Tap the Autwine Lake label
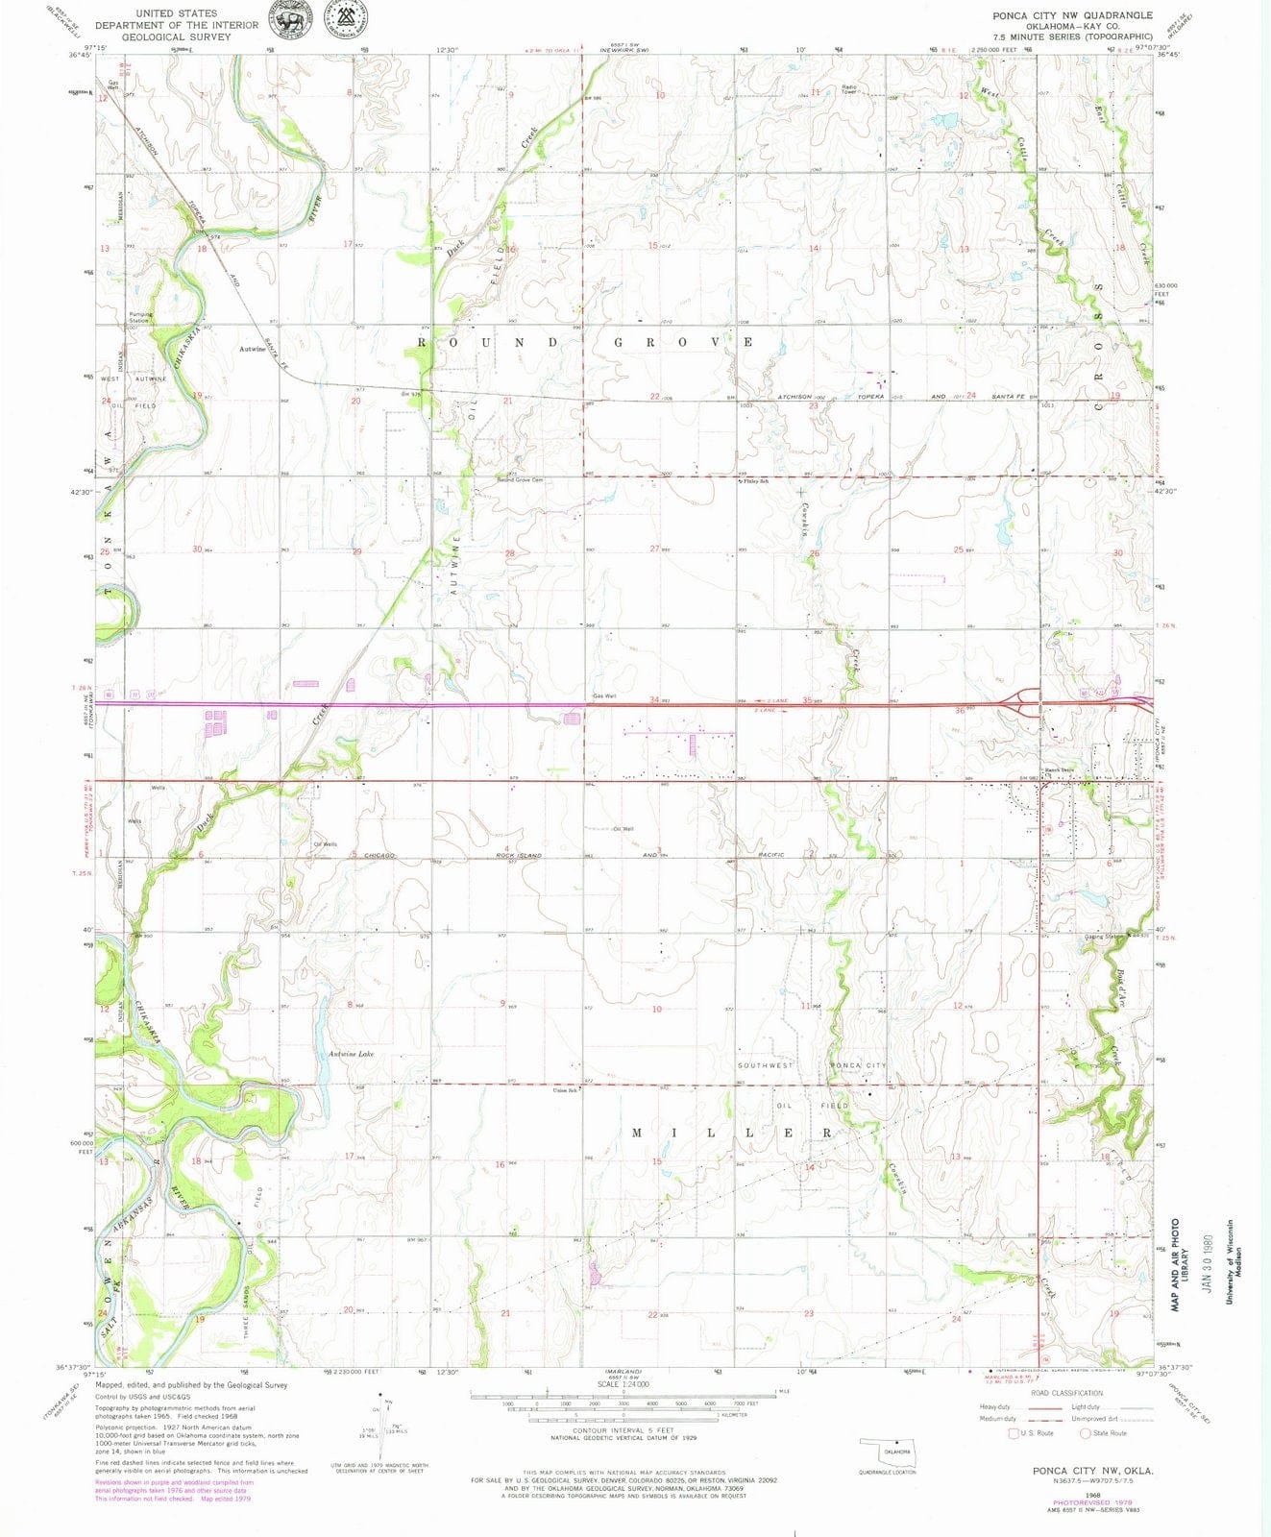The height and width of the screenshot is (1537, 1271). click(x=351, y=1054)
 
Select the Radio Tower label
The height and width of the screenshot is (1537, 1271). click(x=849, y=89)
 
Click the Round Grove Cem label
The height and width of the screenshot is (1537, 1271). click(x=520, y=480)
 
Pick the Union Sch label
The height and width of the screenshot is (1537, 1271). click(x=564, y=1090)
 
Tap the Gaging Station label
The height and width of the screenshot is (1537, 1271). click(x=1104, y=936)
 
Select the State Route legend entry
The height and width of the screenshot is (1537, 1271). click(x=1107, y=1433)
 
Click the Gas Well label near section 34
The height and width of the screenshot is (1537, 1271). click(x=603, y=696)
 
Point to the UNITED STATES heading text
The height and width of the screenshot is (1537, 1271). click(x=176, y=13)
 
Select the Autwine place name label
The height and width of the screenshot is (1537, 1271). click(x=253, y=350)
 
